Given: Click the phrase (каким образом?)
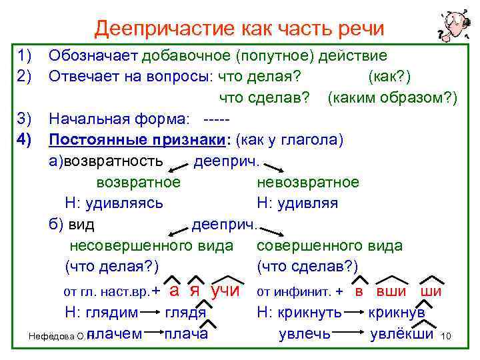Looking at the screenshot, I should click(392, 98).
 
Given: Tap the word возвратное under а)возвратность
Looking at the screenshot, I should click(138, 182).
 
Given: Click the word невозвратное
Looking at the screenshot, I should click(307, 182).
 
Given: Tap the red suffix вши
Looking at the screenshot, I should click(392, 291).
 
